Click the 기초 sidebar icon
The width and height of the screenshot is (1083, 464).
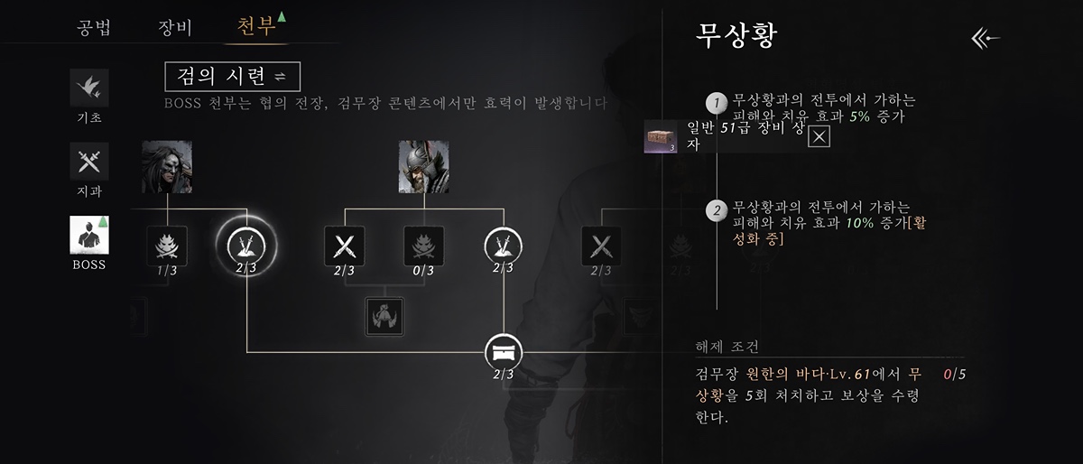tap(89, 88)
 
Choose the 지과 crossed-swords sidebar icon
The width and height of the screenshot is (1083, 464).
tap(89, 162)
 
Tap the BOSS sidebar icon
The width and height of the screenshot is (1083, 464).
tap(89, 236)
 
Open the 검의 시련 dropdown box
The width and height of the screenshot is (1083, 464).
tap(232, 76)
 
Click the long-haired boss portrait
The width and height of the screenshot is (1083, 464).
tap(167, 167)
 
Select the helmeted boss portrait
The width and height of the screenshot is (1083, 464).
tap(424, 167)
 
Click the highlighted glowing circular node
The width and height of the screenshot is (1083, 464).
tap(246, 244)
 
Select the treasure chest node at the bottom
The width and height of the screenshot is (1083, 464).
tap(504, 350)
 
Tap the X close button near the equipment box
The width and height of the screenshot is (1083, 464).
tap(819, 136)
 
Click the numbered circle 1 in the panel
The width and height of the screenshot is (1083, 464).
tap(717, 103)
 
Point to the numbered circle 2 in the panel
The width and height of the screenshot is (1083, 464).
tap(717, 211)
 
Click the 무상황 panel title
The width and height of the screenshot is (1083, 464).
tap(737, 36)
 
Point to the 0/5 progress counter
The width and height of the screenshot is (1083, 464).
tap(954, 373)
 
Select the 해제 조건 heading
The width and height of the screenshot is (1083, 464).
tap(727, 347)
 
